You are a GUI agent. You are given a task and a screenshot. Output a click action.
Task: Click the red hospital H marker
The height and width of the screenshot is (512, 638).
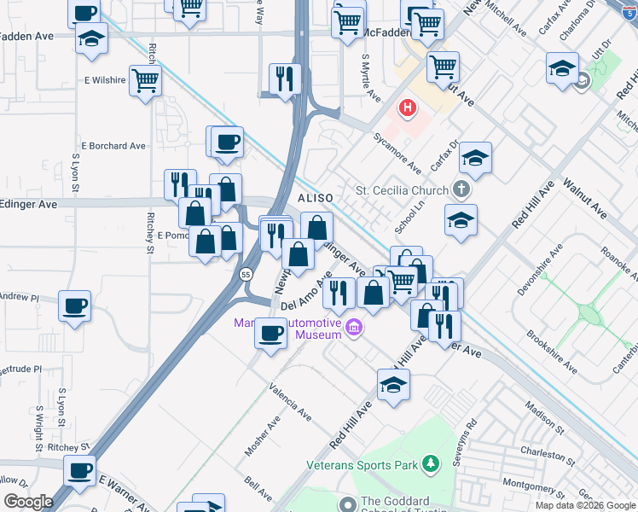(409, 108)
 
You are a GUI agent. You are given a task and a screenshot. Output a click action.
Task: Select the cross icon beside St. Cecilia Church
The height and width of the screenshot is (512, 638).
(461, 189)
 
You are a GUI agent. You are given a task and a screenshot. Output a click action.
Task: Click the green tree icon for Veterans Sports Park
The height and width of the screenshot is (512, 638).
(431, 464)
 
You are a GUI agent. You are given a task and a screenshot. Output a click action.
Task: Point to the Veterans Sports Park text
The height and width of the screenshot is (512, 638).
(362, 465)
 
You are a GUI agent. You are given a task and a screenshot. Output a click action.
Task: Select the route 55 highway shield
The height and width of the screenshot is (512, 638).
(246, 275)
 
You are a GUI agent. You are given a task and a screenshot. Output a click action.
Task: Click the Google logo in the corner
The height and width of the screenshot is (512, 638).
(29, 502)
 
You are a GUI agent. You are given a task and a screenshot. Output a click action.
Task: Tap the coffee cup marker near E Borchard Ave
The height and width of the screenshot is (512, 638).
(227, 142)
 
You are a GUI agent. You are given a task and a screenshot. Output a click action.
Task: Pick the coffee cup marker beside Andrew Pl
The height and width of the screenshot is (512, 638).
(75, 305)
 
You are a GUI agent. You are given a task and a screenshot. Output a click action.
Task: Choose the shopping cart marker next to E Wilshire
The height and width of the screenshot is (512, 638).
(146, 81)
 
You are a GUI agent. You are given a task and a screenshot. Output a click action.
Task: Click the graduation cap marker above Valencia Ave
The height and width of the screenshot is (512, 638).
(393, 384)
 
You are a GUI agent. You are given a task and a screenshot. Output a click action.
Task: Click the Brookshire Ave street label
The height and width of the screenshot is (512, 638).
(552, 352)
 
